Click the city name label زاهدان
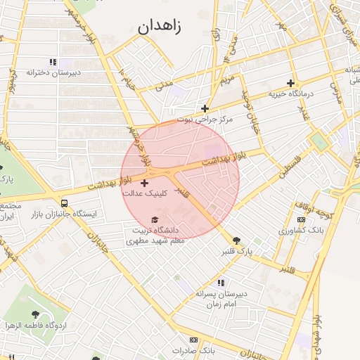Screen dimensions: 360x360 160,28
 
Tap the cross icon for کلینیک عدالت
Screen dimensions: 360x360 145,183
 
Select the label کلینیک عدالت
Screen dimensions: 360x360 144,193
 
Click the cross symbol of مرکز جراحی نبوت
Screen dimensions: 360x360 205,108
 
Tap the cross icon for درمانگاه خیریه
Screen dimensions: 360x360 290,83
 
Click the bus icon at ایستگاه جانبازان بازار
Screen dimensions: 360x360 65,203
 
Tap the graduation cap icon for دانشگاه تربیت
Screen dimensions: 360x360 155,220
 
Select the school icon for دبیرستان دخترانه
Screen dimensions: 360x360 53,62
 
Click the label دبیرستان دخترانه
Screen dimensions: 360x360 53,72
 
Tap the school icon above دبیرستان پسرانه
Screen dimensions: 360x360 220,283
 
